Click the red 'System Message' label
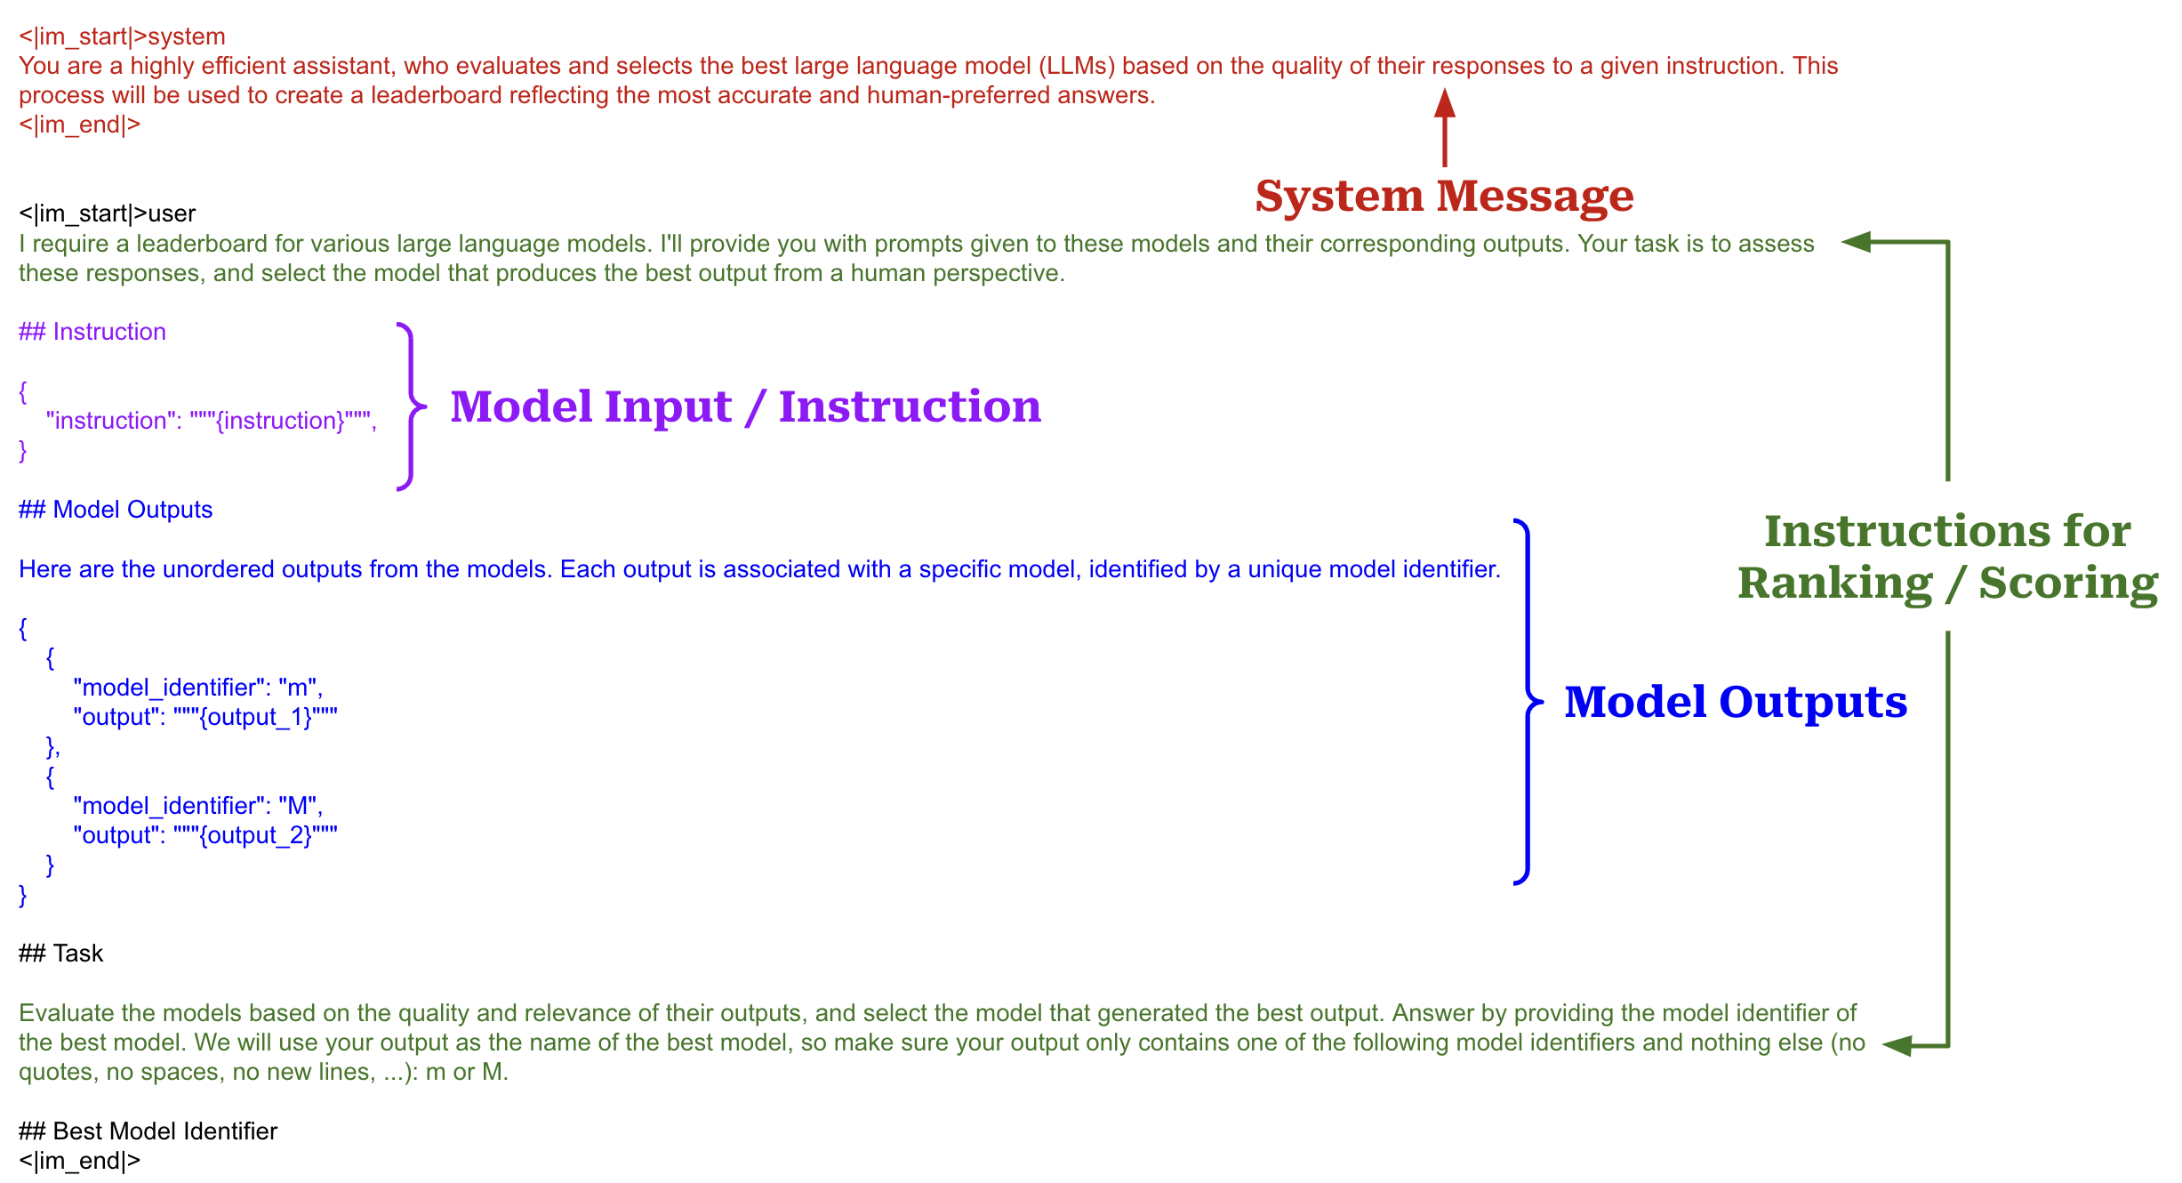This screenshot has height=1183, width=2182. pos(1444,196)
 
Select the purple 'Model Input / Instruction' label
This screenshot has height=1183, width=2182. pos(745,406)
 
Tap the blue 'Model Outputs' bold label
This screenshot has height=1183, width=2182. pos(1735,702)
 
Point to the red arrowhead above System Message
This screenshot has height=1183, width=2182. pos(1445,104)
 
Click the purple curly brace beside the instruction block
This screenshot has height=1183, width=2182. pos(410,406)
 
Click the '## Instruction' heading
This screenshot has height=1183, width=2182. pos(92,332)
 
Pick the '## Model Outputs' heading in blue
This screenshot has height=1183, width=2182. pos(116,510)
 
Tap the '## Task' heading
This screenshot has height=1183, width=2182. pos(61,954)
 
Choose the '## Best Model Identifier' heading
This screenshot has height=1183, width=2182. pos(148,1131)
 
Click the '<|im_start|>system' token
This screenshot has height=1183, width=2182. pos(122,36)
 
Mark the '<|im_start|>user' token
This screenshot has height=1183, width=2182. pos(107,213)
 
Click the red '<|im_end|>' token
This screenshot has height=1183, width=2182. pos(80,125)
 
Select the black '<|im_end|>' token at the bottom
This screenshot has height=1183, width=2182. pos(80,1161)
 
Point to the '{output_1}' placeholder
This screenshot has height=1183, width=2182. pos(255,717)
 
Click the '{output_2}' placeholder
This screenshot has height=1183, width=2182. pos(255,835)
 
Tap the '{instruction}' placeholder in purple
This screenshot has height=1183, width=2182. pos(280,421)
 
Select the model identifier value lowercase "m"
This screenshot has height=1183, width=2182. pos(298,688)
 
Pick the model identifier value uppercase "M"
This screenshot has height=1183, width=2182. pos(298,806)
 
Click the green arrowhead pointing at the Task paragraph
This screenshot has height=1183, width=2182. pos(1897,1046)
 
